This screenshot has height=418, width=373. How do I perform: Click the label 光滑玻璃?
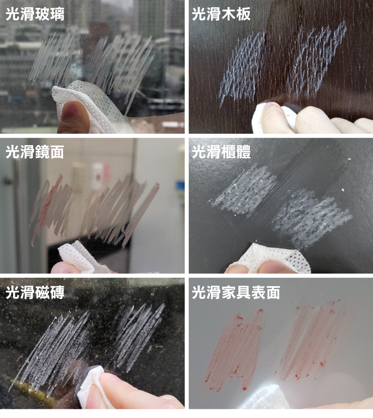click(x=35, y=14)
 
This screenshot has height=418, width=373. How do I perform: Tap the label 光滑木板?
click(x=221, y=14)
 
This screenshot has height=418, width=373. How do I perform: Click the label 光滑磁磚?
click(x=35, y=292)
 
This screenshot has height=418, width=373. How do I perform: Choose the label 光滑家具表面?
click(x=236, y=292)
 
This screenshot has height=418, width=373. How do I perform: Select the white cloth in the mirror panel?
click(x=80, y=257)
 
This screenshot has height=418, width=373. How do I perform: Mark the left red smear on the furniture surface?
click(x=235, y=349)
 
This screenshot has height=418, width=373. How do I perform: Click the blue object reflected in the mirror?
click(x=179, y=186)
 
